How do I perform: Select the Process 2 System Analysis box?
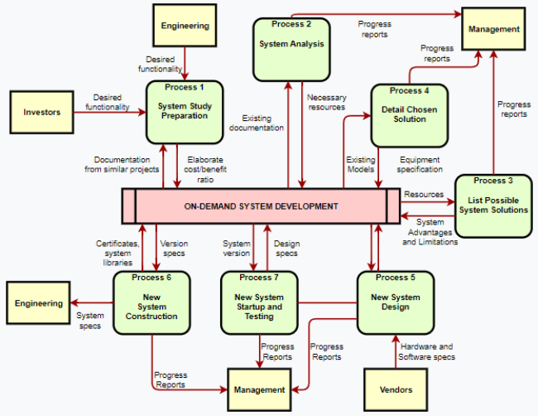coord(286,50)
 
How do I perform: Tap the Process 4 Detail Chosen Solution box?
coord(409,114)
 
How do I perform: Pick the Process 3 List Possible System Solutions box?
coord(492,206)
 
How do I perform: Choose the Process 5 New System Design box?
coord(396,302)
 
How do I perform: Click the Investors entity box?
coord(41,112)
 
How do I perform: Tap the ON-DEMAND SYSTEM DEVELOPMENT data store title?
coord(261,206)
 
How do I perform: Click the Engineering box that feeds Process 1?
coord(185,26)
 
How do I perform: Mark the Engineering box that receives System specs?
coord(38,303)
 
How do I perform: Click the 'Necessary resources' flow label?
coord(327,102)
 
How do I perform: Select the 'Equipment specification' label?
coord(420,164)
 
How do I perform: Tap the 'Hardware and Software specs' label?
coord(426,351)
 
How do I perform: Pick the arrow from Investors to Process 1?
coord(116,112)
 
